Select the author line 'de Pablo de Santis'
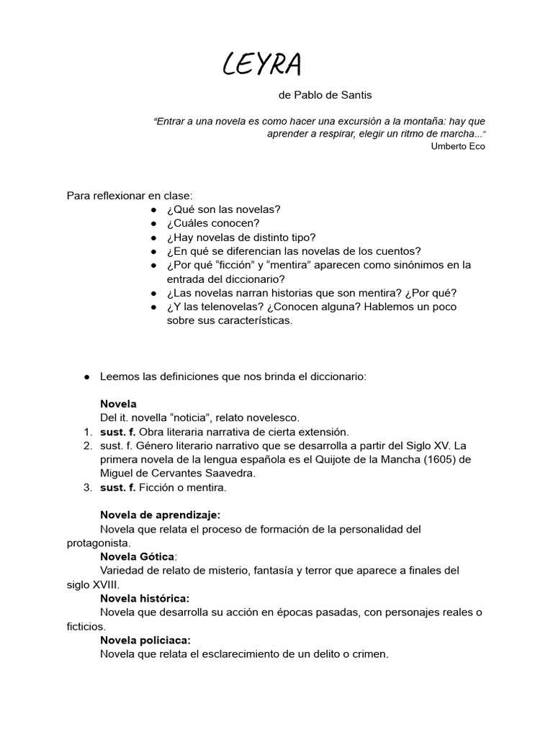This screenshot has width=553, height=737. (x=325, y=95)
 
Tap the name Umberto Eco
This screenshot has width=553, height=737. (x=458, y=146)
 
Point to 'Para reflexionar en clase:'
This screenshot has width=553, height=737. (x=130, y=195)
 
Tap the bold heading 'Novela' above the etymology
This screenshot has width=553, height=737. (x=118, y=404)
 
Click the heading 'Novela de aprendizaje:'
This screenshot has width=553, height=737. (x=161, y=515)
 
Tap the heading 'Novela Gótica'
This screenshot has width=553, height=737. (x=137, y=556)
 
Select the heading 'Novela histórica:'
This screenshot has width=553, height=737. (x=145, y=598)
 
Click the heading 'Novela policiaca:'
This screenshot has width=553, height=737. (x=145, y=640)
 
